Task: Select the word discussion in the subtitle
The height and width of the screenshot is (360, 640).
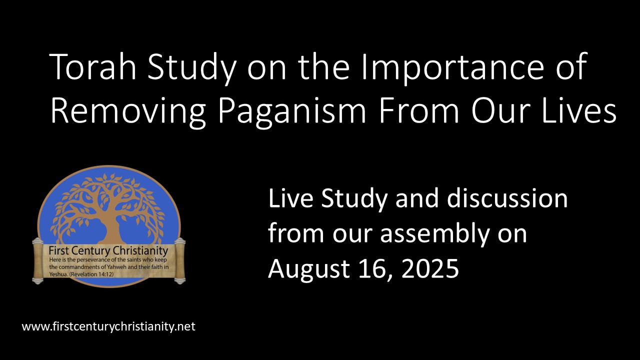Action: pyautogui.click(x=507, y=199)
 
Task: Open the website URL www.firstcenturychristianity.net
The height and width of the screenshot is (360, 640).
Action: pyautogui.click(x=108, y=327)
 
